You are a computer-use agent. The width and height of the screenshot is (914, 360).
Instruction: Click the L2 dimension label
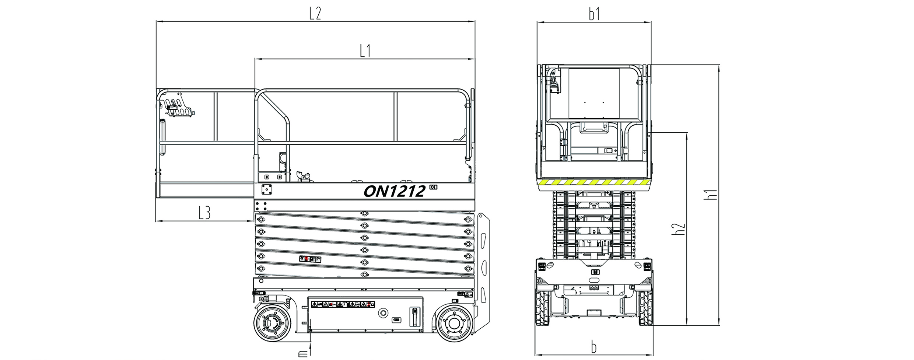315,13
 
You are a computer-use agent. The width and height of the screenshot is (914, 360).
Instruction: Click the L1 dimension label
365,51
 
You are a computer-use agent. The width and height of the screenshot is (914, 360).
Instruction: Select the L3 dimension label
204,213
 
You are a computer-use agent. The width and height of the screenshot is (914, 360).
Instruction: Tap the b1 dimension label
594,14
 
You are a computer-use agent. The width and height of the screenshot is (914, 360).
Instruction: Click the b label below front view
593,347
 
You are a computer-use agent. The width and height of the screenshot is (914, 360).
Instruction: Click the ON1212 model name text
394,191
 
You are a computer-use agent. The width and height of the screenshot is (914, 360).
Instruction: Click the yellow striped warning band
594,182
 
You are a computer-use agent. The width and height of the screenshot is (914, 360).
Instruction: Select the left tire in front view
542,308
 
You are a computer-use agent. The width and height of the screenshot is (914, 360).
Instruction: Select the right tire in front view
645,308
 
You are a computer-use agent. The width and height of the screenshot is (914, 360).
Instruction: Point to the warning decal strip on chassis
343,304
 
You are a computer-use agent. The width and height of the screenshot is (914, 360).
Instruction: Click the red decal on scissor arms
310,259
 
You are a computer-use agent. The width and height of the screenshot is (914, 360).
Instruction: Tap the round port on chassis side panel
384,313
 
